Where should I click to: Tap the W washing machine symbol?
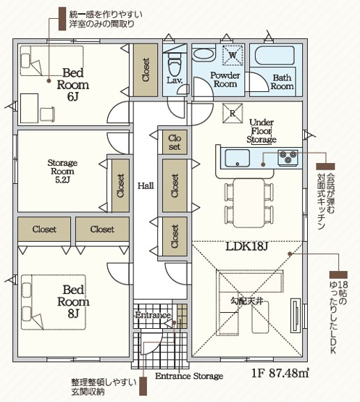[x=233, y=55]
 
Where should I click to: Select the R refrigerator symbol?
[x=233, y=113]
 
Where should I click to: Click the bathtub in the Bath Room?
[x=275, y=55]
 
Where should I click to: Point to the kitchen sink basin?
[x=237, y=159]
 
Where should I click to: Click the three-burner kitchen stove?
[x=288, y=157]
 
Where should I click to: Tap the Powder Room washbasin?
[x=203, y=54]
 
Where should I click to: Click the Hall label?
[x=146, y=185]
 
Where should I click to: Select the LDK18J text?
[x=247, y=247]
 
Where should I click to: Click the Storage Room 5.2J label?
[x=62, y=171]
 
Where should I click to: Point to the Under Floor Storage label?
[x=261, y=131]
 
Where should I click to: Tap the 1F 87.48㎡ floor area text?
[x=280, y=373]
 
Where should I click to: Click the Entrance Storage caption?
[x=189, y=376]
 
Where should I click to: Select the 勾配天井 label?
[x=247, y=301]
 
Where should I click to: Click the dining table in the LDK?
[x=248, y=203]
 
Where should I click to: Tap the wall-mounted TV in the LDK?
[x=296, y=315]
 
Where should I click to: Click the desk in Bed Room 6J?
[x=29, y=108]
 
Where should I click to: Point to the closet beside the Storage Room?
[x=120, y=185]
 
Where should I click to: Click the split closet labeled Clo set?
[x=175, y=142]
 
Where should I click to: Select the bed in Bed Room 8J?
[x=54, y=302]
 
